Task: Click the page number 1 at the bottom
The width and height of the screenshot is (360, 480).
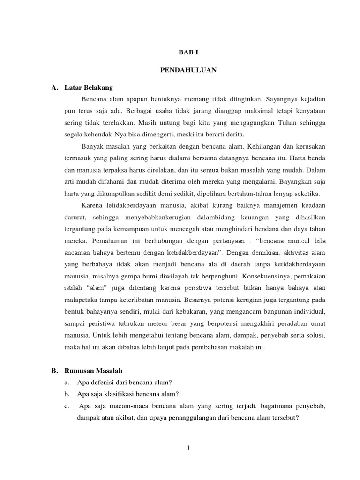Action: (x=188, y=448)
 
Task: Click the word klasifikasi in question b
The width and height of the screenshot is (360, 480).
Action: (x=116, y=393)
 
